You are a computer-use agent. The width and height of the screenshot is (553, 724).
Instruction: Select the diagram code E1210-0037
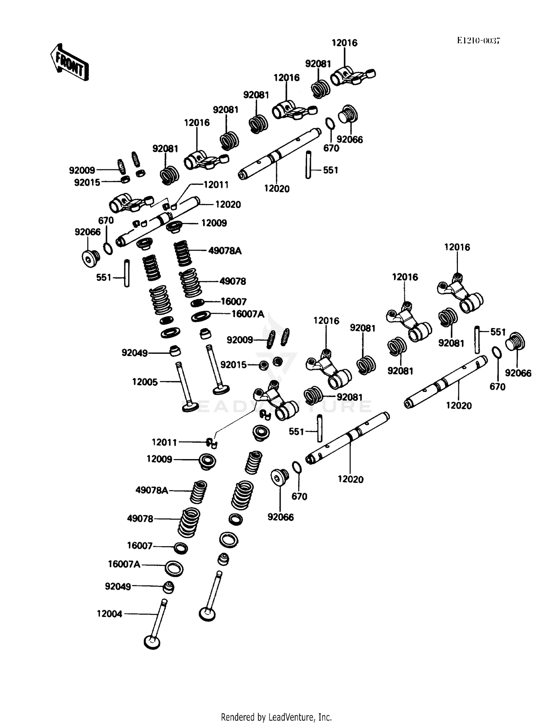point(478,41)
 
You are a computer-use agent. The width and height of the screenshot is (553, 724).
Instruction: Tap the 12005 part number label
point(145,382)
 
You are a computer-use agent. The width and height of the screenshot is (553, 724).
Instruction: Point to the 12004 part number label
point(109,614)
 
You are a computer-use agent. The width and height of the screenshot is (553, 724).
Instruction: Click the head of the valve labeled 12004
point(152,642)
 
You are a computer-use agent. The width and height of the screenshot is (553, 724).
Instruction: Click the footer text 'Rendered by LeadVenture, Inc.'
point(276,717)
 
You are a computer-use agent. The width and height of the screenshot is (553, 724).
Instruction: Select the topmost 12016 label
point(344,43)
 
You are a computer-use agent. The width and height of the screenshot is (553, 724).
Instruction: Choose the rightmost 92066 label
point(518,373)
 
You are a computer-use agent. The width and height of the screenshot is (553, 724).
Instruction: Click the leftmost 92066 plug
point(90,258)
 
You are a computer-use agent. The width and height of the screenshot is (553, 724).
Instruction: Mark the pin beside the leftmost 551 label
point(127,273)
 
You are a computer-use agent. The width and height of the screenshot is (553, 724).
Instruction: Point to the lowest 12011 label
point(164,442)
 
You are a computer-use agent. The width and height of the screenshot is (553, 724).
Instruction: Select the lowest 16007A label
point(124,564)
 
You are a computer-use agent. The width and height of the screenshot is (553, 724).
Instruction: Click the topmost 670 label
point(331,148)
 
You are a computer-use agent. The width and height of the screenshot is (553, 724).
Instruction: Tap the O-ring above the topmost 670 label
point(330,124)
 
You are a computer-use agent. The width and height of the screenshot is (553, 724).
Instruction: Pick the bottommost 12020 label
point(350,479)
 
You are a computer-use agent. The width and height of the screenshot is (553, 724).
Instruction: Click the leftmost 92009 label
point(82,170)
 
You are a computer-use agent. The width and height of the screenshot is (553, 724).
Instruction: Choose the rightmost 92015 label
point(233,365)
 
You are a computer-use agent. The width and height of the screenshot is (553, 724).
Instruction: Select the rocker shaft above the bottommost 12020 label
point(348,438)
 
